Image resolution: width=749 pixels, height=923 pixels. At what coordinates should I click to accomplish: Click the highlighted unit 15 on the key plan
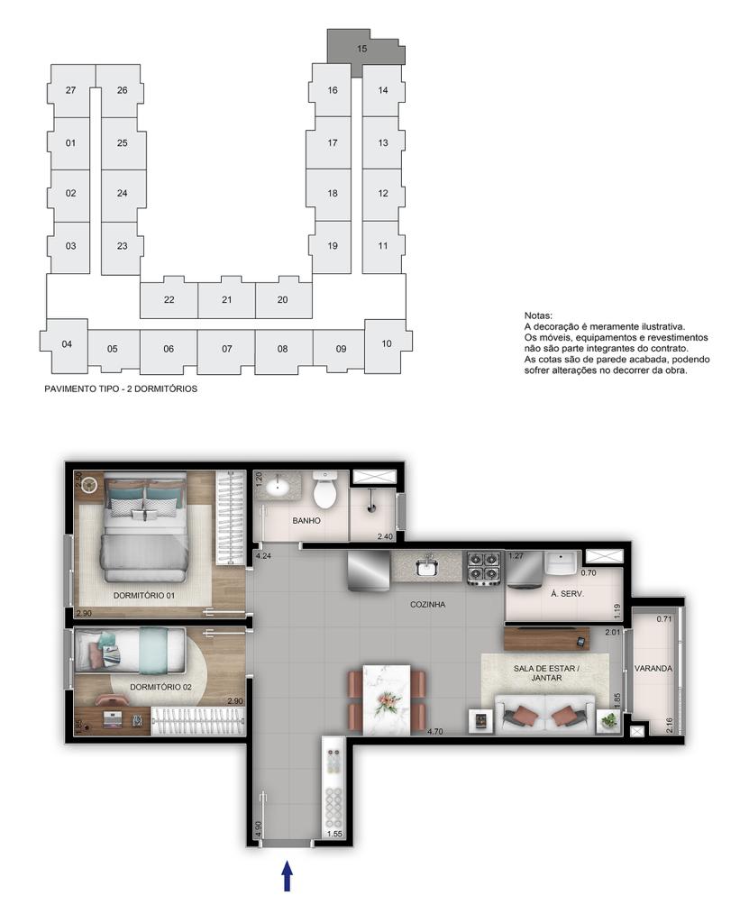pos(361,49)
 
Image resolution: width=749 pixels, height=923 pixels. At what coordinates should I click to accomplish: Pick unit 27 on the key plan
pos(70,91)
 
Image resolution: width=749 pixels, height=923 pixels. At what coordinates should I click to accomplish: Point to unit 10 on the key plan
pos(387,344)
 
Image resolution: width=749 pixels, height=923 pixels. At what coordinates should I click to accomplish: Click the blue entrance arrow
pos(288,876)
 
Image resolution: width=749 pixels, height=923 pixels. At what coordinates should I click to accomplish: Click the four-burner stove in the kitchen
pos(484,568)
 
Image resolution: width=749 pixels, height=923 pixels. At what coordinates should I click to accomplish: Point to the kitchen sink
pos(427,566)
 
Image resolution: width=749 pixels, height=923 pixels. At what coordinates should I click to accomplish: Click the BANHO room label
pos(306,520)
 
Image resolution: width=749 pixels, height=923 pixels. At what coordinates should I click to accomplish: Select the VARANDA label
pos(653,669)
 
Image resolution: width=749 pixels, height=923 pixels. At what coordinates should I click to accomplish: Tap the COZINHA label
pos(427,605)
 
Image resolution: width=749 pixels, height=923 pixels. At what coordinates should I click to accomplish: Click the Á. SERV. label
pos(567,594)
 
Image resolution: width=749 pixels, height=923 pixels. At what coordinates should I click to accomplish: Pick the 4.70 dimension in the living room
pos(434,732)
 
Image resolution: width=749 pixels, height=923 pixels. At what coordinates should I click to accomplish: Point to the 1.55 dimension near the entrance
pos(333,834)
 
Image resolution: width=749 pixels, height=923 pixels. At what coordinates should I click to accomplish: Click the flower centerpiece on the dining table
pos(387,701)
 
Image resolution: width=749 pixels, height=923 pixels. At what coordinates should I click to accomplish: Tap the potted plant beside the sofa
pos(608,720)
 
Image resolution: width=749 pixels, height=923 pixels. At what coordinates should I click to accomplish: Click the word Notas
pos(538,316)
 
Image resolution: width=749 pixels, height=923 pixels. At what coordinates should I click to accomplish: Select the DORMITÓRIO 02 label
pos(160,687)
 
